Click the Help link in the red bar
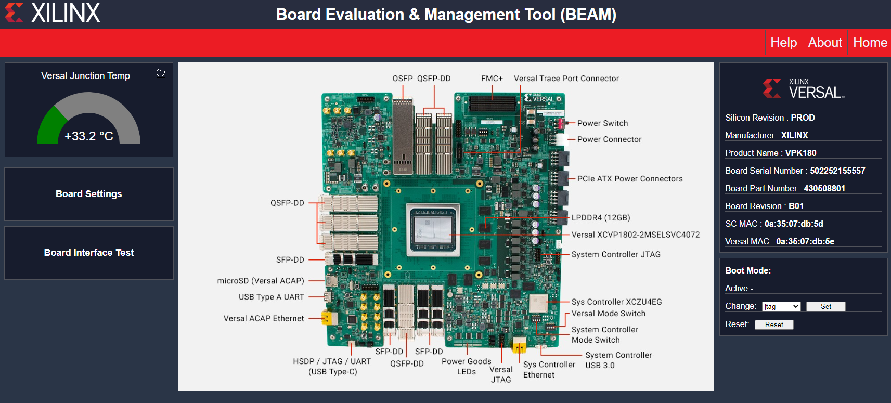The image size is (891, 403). coord(783,43)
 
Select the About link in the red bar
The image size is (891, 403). coord(825,43)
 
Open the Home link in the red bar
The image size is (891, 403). coord(870,43)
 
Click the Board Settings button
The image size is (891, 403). coord(89,194)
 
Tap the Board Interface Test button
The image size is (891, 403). coord(89,253)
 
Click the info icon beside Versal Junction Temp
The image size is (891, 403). coord(161,73)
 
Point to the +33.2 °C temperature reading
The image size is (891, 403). coord(89,136)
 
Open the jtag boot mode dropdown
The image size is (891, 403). coord(781,307)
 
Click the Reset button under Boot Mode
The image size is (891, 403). coord(774,324)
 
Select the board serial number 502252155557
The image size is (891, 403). coord(837,171)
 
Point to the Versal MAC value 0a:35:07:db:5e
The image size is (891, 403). coord(805,241)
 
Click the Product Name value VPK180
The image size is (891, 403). coord(800,153)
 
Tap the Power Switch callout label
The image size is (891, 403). coord(602,123)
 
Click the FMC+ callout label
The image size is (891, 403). coord(492,79)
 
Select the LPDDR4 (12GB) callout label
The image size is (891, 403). coord(601,218)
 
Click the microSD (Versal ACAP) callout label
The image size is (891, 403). coord(261,281)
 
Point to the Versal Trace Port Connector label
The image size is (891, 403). coord(566,79)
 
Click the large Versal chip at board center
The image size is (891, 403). coord(433,229)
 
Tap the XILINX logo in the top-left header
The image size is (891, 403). coord(53,13)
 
